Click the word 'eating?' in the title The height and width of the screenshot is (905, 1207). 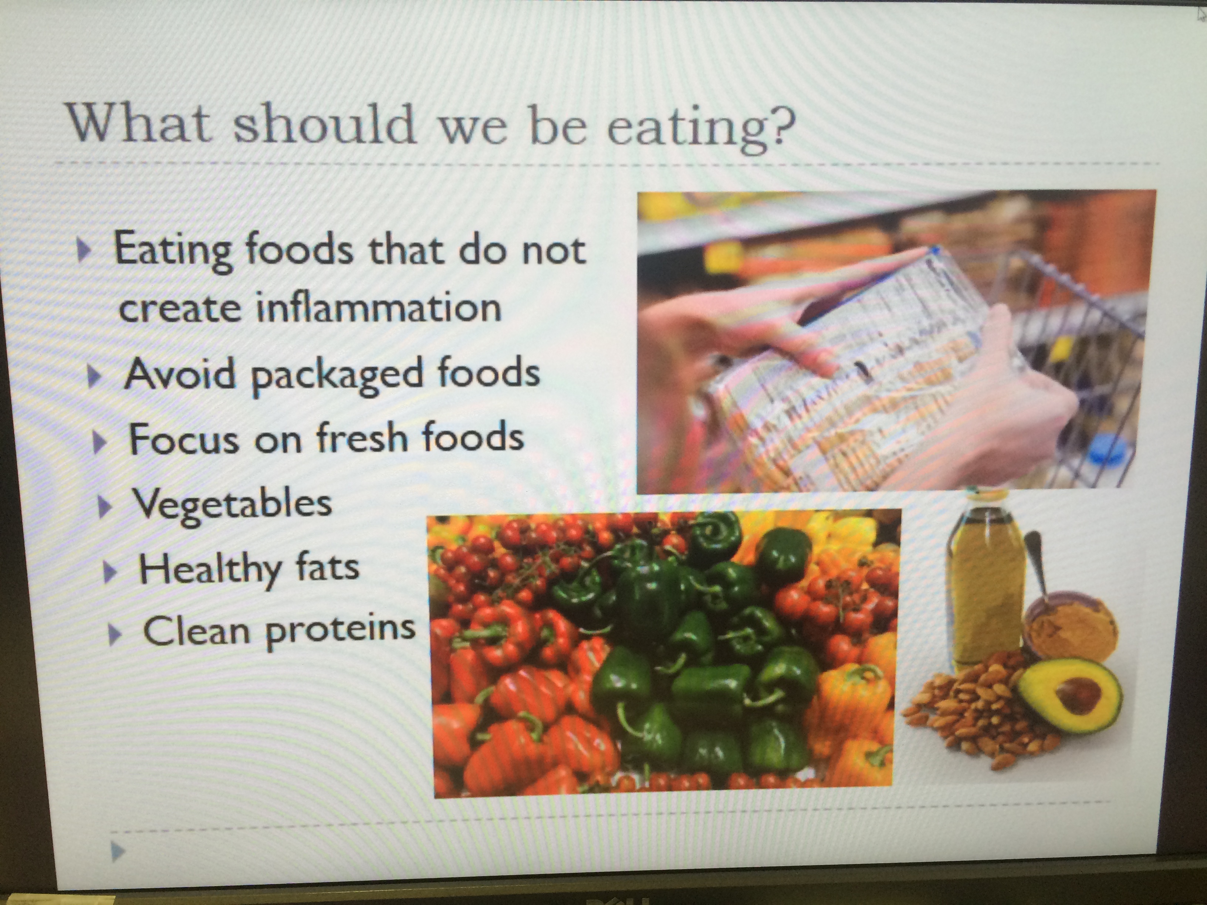pos(701,129)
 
